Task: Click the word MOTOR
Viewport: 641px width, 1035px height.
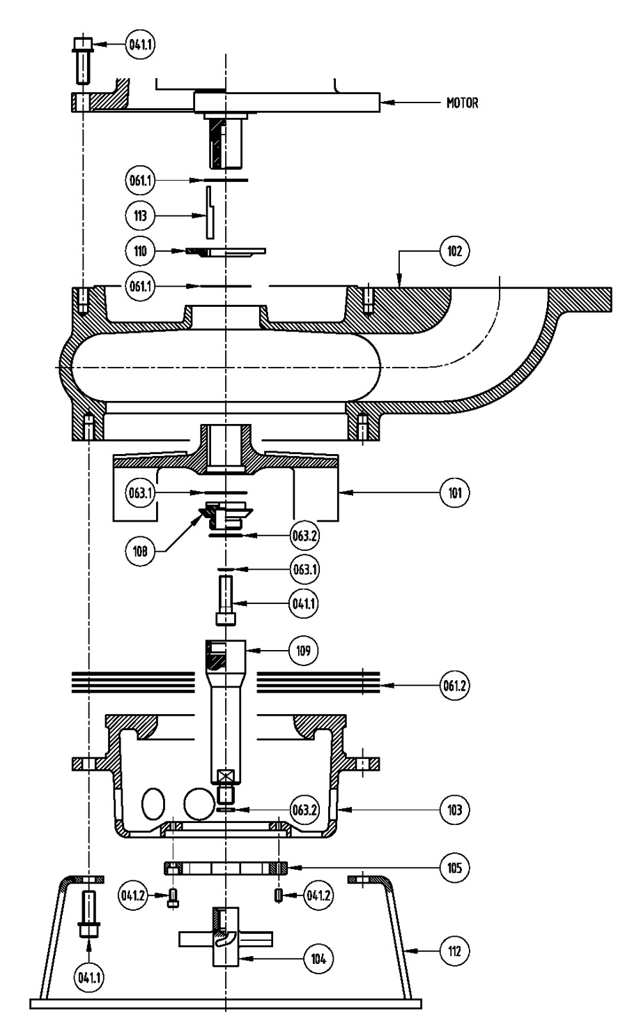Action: click(462, 103)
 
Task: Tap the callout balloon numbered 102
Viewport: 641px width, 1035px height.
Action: click(454, 251)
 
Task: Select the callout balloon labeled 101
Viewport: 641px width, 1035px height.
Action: click(454, 492)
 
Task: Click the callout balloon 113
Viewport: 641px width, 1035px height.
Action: click(140, 216)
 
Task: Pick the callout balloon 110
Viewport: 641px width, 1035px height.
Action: click(140, 251)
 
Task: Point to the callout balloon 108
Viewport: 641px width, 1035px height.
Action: click(140, 551)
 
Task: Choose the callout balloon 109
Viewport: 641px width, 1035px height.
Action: click(303, 651)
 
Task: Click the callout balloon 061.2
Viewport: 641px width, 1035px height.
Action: click(454, 686)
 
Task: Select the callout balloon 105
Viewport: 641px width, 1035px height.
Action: click(454, 868)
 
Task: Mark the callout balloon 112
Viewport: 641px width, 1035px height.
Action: click(454, 951)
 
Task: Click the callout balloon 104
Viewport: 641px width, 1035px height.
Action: click(318, 959)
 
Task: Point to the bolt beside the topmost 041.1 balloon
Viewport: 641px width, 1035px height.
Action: click(83, 61)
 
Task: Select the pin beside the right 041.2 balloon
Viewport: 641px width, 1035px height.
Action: click(279, 895)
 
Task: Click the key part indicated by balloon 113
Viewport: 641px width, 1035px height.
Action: click(210, 213)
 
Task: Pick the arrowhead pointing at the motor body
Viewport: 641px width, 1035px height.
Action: click(387, 103)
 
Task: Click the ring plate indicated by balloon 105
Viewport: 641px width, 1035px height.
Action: click(226, 868)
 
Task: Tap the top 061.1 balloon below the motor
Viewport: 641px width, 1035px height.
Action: click(140, 180)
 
